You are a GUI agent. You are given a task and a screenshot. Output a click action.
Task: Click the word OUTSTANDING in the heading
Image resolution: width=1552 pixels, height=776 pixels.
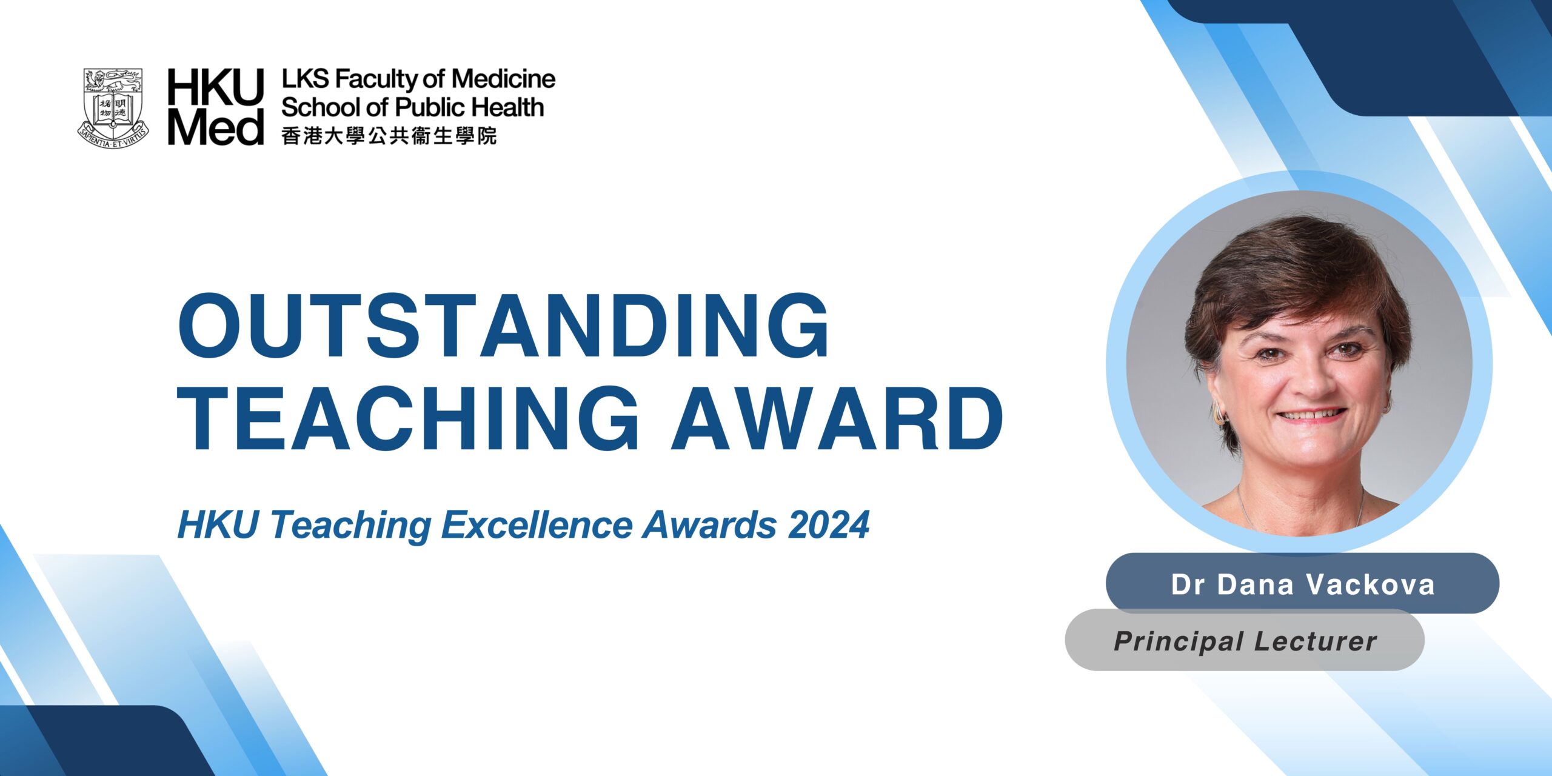(503, 327)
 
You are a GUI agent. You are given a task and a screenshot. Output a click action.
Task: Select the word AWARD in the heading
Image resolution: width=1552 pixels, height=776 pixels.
(837, 419)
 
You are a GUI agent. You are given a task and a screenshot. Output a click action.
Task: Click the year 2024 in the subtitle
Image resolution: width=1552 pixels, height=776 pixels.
(829, 525)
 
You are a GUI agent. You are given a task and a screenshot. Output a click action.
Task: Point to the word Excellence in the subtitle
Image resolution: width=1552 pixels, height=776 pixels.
(537, 525)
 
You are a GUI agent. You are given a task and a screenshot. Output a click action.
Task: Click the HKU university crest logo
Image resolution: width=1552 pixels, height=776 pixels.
(113, 109)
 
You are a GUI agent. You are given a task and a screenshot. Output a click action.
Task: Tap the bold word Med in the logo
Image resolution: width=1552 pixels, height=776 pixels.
(216, 127)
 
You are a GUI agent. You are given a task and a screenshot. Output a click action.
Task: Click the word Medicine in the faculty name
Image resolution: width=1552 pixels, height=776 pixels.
(503, 79)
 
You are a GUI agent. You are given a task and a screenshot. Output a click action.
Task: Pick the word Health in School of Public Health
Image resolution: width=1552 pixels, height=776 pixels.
(507, 107)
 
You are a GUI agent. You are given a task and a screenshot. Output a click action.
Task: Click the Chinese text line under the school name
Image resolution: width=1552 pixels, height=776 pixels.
(389, 136)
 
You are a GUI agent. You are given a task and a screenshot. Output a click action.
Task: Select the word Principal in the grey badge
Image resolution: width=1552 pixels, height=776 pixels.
(1179, 641)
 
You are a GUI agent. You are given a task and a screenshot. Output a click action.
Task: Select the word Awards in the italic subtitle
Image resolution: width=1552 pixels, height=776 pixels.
(710, 525)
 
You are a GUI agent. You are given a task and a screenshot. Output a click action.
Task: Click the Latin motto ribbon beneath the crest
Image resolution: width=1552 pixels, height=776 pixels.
(113, 139)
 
